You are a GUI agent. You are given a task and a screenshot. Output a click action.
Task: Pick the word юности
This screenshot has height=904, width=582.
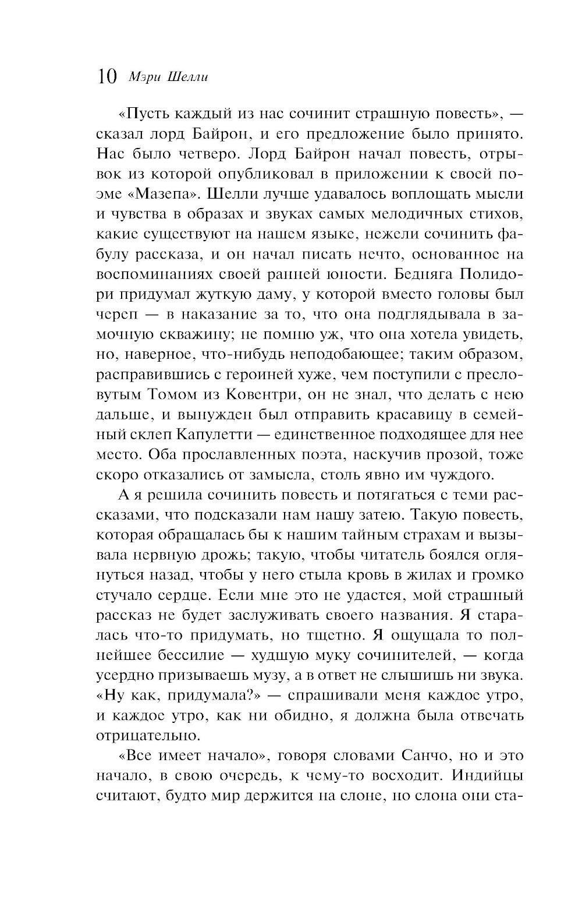(x=343, y=274)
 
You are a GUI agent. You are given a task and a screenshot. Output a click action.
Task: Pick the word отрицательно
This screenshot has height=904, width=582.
(x=139, y=735)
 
